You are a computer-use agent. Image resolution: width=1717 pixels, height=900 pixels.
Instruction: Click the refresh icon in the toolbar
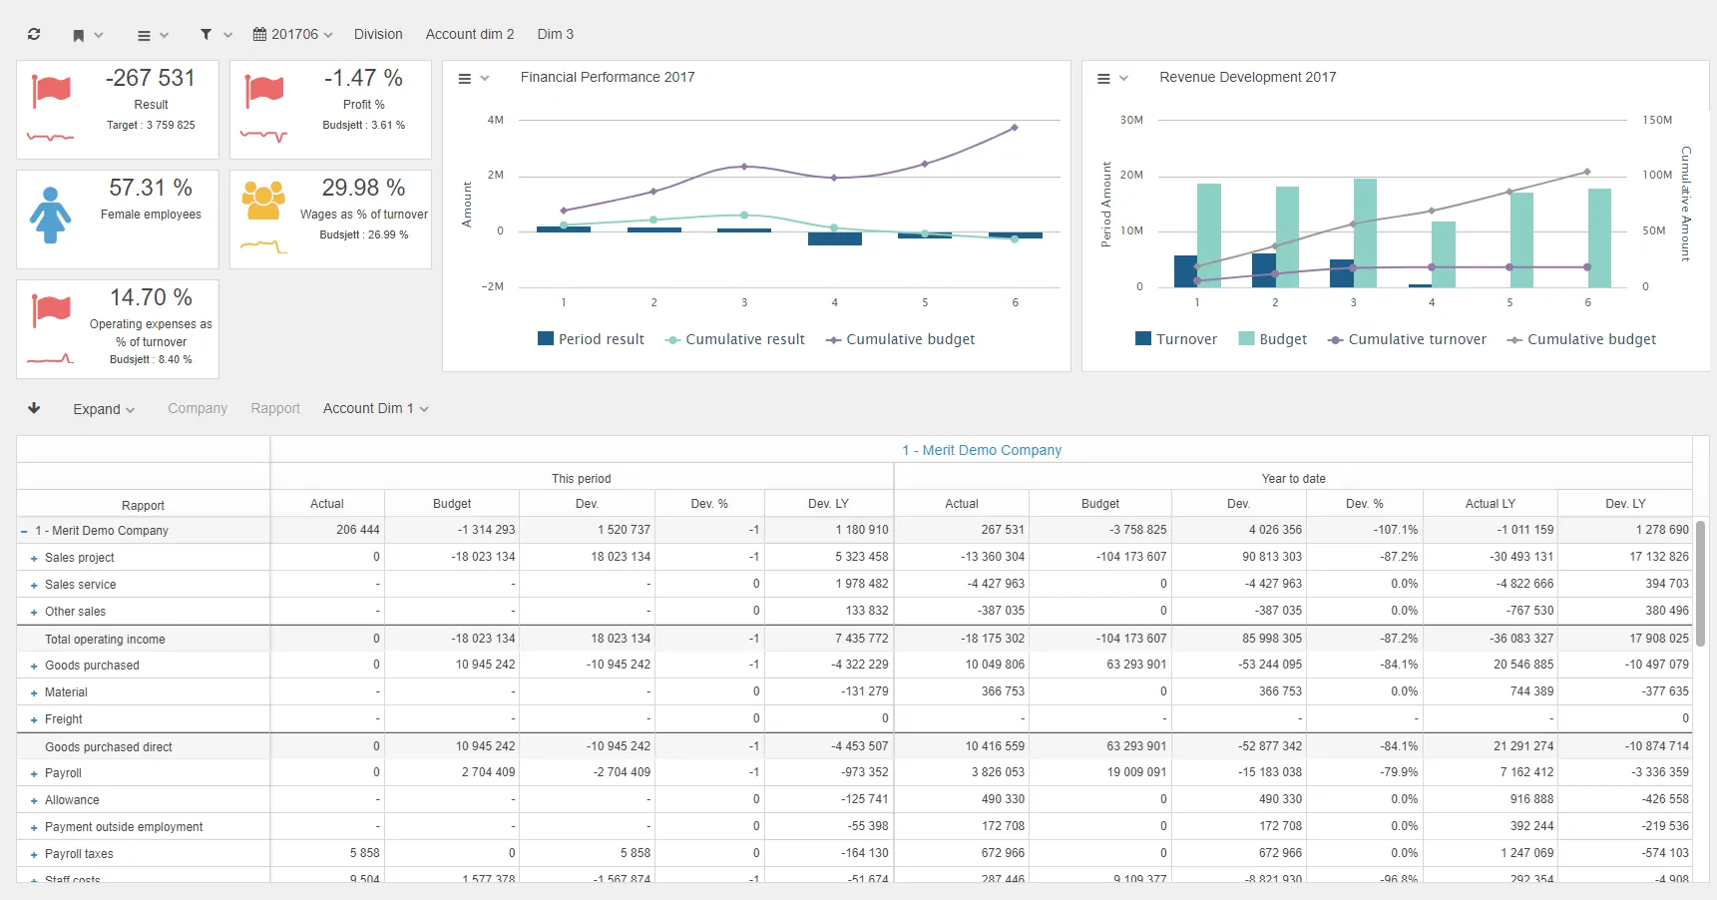click(x=34, y=34)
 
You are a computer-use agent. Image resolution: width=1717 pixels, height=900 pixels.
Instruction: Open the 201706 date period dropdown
click(x=293, y=34)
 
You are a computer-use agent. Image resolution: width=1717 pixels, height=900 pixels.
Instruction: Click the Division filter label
click(x=378, y=34)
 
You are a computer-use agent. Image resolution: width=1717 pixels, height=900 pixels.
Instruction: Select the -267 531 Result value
click(x=151, y=79)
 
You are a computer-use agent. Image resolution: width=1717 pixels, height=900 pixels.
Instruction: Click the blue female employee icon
click(x=50, y=215)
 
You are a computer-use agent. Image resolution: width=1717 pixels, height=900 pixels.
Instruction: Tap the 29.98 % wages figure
click(x=363, y=188)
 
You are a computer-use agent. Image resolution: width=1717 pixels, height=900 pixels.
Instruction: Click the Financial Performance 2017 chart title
click(x=607, y=77)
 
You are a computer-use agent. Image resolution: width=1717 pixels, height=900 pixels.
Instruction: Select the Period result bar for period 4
click(x=834, y=238)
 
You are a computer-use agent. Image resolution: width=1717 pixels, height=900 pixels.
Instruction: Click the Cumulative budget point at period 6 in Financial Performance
click(x=1015, y=128)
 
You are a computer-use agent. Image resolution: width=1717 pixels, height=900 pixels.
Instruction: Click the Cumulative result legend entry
click(x=734, y=339)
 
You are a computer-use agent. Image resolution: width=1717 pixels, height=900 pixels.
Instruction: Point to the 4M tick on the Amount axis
click(x=495, y=120)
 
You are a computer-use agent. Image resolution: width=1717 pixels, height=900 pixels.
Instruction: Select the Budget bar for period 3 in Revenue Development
click(x=1365, y=232)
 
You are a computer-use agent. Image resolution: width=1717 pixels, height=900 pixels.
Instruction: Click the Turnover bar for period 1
click(x=1185, y=271)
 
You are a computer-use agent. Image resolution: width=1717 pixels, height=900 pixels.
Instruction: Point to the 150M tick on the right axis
click(x=1656, y=120)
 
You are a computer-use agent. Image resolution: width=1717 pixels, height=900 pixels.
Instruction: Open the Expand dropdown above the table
click(x=103, y=409)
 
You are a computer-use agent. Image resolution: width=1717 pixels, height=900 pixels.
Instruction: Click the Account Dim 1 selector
click(x=375, y=408)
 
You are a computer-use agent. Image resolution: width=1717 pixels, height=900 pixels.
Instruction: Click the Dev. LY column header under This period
click(x=828, y=504)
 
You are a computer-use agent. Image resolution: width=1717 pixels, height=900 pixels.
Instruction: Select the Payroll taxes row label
click(x=79, y=854)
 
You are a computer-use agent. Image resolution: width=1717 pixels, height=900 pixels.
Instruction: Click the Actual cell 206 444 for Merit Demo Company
click(x=357, y=530)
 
